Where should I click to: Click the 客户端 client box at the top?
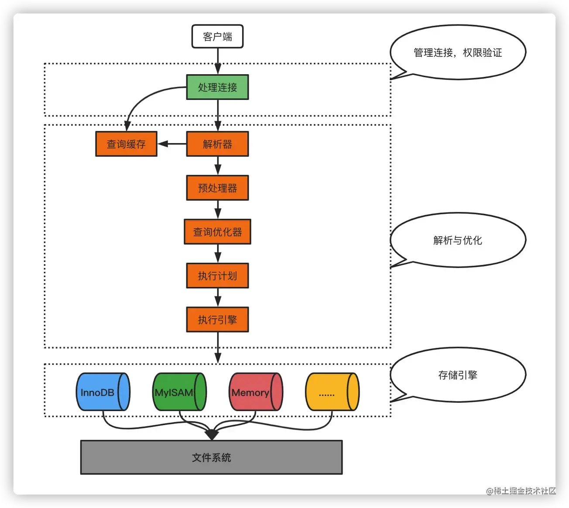coord(217,37)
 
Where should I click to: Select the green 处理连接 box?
coord(217,87)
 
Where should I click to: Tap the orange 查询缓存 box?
coord(126,144)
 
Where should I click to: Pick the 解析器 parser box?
coord(217,144)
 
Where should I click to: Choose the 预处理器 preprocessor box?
coord(217,188)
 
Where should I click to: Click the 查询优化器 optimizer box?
coord(217,232)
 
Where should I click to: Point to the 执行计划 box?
coord(217,276)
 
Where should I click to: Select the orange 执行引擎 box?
coord(217,320)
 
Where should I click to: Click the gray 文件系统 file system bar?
coord(211,457)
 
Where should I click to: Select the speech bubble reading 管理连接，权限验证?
coord(458,52)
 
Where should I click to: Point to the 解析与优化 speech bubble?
coord(458,240)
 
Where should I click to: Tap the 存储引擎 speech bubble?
coord(458,375)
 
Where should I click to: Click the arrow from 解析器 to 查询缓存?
coord(172,144)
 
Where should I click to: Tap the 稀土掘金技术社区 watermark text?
coord(521,491)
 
